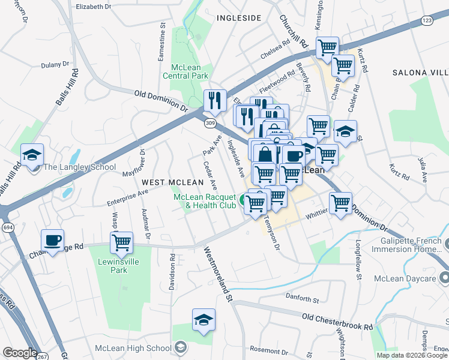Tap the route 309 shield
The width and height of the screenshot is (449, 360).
click(x=209, y=123)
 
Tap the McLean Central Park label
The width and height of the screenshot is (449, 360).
click(x=185, y=71)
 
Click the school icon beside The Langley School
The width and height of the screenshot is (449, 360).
click(x=32, y=154)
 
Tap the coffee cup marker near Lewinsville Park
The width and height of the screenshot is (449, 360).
click(x=52, y=241)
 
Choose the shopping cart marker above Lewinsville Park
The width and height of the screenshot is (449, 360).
click(x=121, y=243)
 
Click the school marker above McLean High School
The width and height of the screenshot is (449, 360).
click(x=203, y=319)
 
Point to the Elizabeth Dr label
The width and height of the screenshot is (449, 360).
click(x=94, y=7)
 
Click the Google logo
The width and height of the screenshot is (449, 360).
click(x=20, y=353)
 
